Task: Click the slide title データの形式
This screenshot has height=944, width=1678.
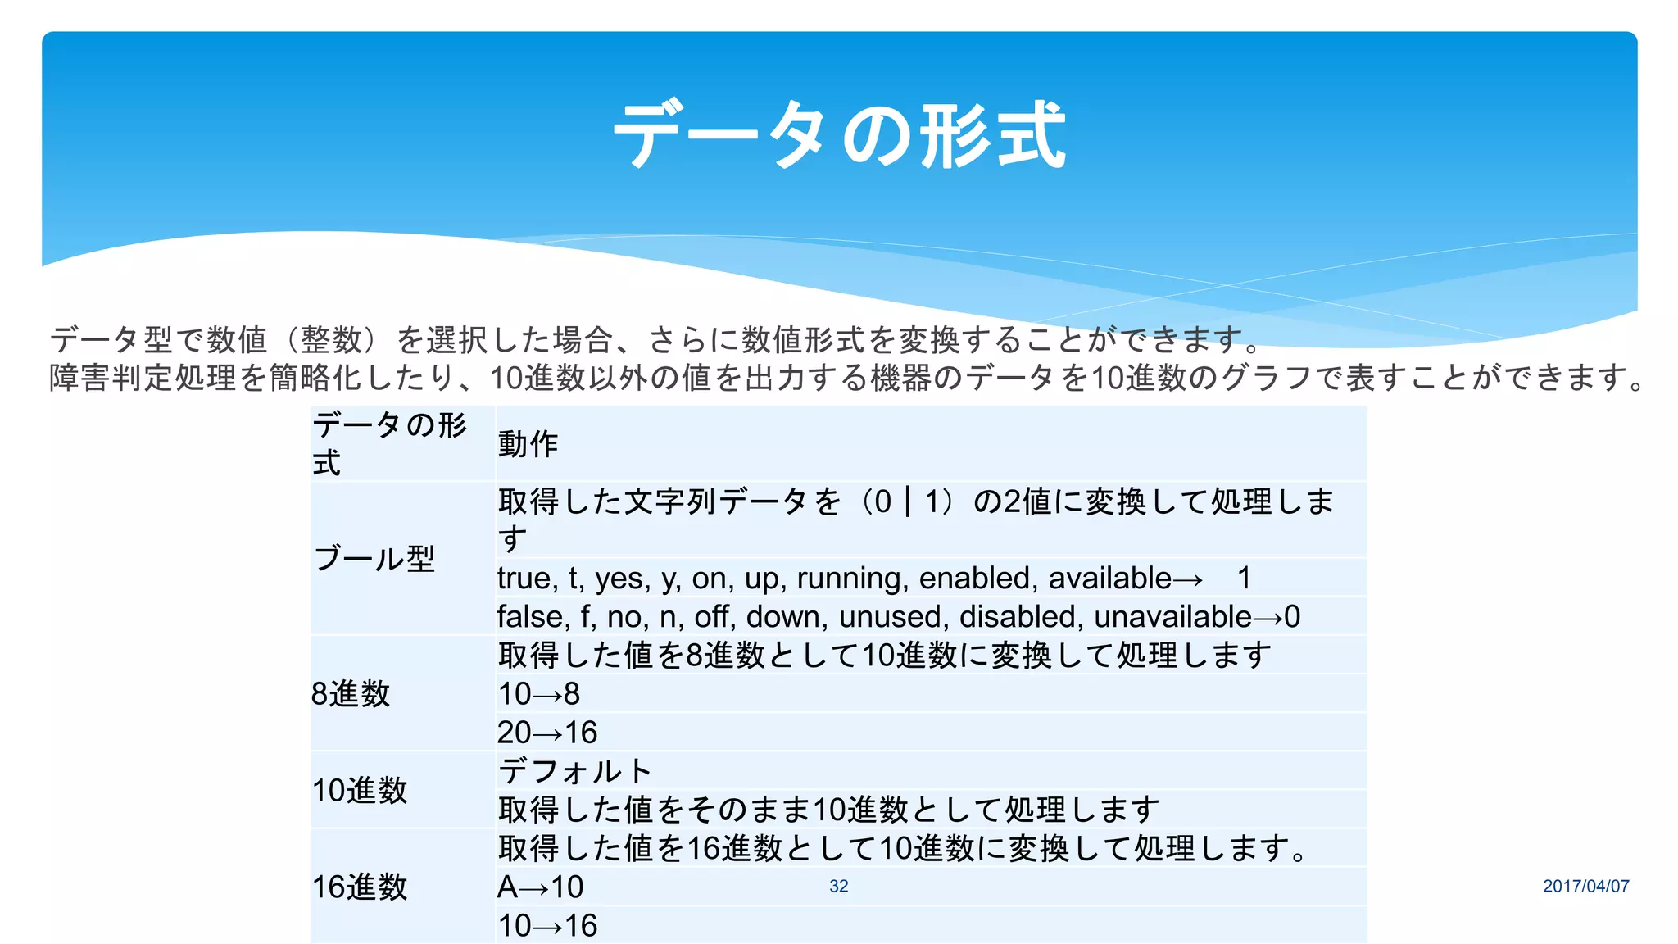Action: click(839, 135)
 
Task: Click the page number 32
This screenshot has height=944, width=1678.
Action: click(838, 886)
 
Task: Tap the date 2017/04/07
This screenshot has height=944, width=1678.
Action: click(1585, 886)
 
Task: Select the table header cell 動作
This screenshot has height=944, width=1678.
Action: click(528, 444)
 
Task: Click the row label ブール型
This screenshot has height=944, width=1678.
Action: click(374, 559)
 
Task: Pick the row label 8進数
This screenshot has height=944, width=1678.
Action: click(351, 694)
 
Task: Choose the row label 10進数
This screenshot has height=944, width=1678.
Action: click(360, 791)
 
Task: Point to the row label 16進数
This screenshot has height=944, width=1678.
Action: click(360, 887)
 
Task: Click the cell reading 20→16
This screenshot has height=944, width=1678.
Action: click(547, 733)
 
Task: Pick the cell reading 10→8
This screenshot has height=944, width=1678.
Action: click(539, 694)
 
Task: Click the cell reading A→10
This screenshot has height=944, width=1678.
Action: click(541, 887)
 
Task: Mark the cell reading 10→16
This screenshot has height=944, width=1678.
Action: click(547, 926)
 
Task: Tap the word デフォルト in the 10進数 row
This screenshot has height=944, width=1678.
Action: click(575, 771)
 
